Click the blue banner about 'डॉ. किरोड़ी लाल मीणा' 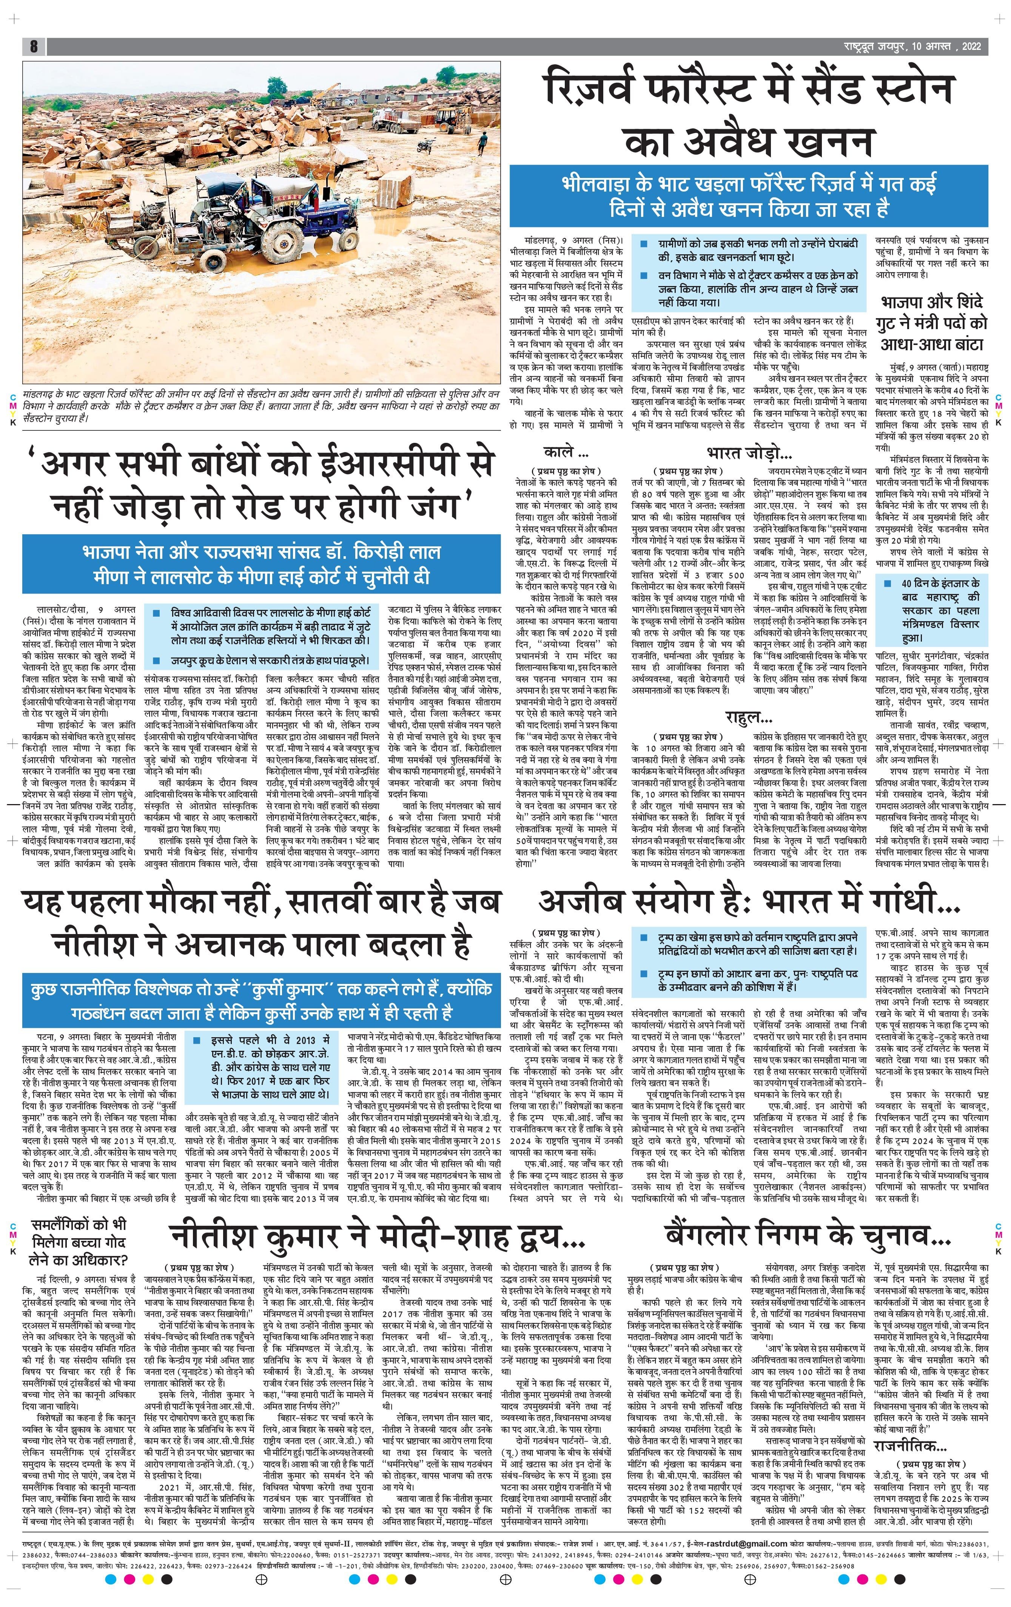point(261,564)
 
